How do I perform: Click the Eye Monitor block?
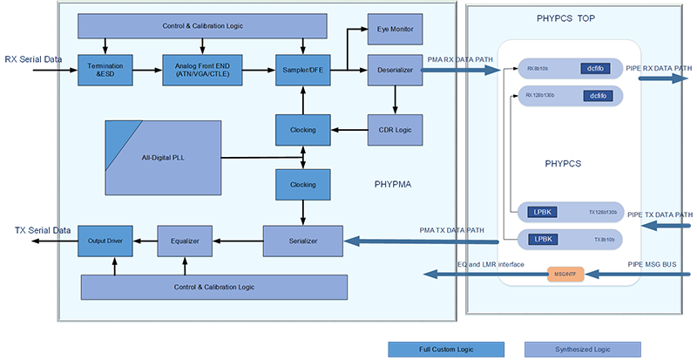point(395,30)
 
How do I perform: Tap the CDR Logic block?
point(395,130)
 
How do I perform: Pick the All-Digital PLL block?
point(163,157)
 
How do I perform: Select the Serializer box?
point(302,240)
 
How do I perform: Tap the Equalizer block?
point(185,240)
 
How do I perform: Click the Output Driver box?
point(105,240)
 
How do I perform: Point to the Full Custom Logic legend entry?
point(446,349)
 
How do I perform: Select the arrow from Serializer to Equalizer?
point(237,240)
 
